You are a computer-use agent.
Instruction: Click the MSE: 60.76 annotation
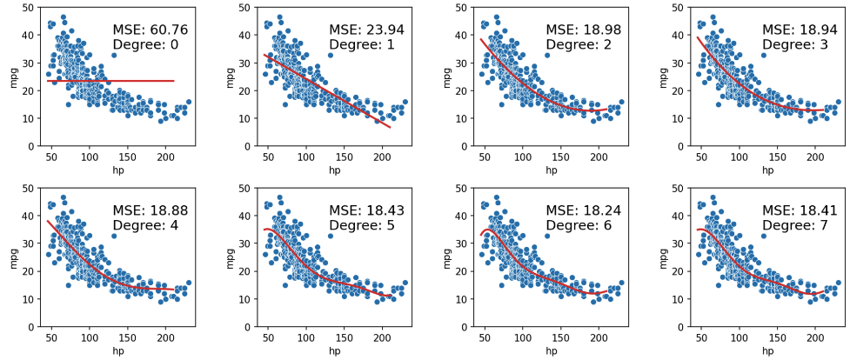[x=150, y=30]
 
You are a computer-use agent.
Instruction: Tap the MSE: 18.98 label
[x=583, y=30]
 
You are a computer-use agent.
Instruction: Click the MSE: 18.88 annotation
[x=150, y=210]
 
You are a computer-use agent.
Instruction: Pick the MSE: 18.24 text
[x=583, y=210]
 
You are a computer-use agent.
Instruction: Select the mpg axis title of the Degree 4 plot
[x=11, y=257]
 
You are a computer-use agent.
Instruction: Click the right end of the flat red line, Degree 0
[x=174, y=81]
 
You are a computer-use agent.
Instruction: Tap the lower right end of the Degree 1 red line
[x=390, y=128]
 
